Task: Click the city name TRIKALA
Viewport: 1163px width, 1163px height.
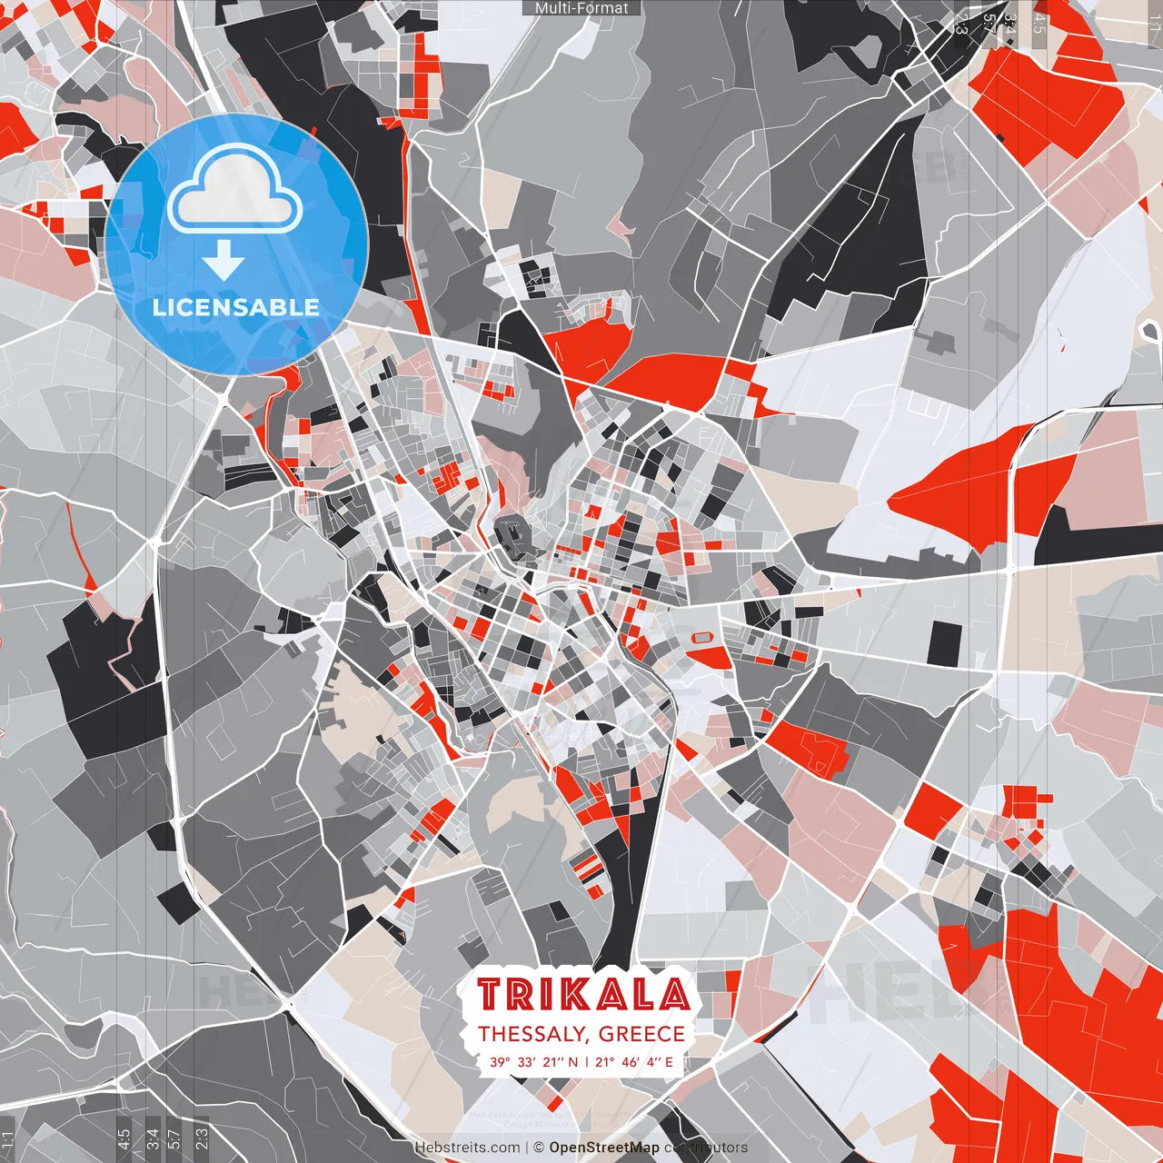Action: coord(582,996)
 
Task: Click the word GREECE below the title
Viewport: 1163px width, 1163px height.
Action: coord(641,1034)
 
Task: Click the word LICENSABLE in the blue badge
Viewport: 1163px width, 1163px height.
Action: coord(236,307)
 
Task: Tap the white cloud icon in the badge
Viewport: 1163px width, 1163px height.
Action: coord(235,191)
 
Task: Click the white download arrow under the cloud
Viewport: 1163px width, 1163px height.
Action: coord(224,262)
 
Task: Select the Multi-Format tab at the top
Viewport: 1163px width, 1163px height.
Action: coord(581,8)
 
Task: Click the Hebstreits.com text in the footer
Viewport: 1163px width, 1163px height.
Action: coord(467,1148)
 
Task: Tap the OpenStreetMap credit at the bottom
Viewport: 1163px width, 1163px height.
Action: coord(603,1148)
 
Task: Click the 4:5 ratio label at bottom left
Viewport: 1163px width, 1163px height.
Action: coord(124,1138)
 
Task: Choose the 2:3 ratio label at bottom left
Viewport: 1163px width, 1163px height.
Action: coord(202,1138)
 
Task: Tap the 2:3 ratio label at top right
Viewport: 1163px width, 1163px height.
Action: coord(961,24)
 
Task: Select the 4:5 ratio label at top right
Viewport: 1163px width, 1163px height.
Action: coord(1039,24)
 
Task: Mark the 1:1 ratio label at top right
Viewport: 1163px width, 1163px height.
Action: coord(1154,24)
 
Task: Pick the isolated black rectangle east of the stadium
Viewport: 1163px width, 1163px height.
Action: coord(944,642)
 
